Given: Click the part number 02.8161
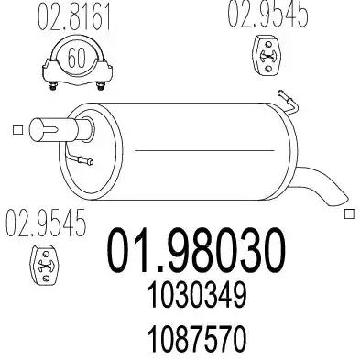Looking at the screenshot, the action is pyautogui.click(x=73, y=18).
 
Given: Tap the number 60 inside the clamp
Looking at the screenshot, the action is pyautogui.click(x=76, y=58).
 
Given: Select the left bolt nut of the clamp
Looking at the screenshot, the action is pyautogui.click(x=54, y=85).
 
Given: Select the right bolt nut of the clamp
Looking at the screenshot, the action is pyautogui.click(x=101, y=85).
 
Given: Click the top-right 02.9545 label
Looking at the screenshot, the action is pyautogui.click(x=267, y=14).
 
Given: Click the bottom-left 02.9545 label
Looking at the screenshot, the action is pyautogui.click(x=46, y=223).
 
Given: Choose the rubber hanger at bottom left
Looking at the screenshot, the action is pyautogui.click(x=45, y=265).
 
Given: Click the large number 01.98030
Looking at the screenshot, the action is pyautogui.click(x=196, y=250).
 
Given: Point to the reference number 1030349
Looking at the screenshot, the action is pyautogui.click(x=197, y=296).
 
